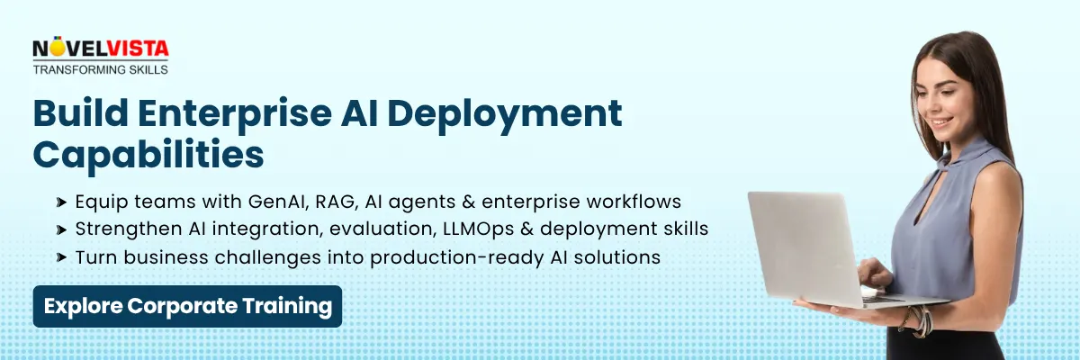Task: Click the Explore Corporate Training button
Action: click(187, 307)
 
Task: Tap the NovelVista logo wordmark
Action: click(101, 49)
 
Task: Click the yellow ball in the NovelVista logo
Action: click(58, 49)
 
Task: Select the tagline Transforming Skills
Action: click(100, 70)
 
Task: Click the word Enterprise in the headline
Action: click(235, 114)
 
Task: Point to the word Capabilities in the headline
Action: click(148, 155)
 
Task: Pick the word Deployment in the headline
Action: click(504, 114)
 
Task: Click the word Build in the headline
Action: click(80, 112)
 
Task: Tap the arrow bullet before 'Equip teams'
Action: click(61, 202)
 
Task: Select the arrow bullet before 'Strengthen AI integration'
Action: click(61, 229)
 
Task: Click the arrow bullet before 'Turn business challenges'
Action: click(61, 257)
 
